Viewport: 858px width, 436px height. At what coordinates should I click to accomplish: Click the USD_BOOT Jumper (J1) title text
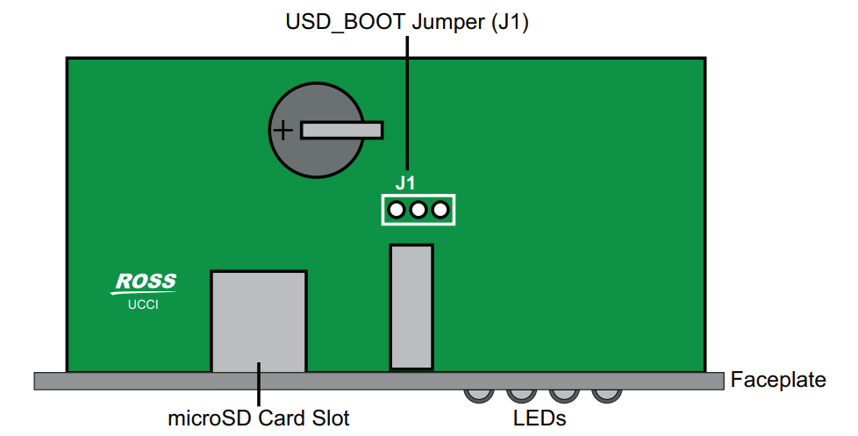click(407, 23)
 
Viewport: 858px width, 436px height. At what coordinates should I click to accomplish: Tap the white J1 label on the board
click(405, 183)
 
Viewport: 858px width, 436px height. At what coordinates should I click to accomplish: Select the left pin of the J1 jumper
click(397, 210)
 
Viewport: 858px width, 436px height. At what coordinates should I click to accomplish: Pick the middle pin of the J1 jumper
click(418, 210)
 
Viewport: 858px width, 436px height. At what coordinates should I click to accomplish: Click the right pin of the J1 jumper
click(440, 210)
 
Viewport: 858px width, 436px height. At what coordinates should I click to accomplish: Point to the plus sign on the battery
click(282, 131)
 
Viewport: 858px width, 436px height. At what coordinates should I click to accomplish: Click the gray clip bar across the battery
click(341, 130)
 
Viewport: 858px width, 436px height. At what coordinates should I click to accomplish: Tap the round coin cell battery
click(317, 130)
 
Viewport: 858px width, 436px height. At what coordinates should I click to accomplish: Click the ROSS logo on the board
click(145, 282)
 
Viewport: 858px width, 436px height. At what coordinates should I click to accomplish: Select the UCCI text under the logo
click(143, 304)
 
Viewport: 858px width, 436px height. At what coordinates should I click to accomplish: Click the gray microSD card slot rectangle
click(259, 322)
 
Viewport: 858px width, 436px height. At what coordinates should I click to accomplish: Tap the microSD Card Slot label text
click(258, 418)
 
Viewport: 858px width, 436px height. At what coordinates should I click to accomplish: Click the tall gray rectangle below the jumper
click(411, 307)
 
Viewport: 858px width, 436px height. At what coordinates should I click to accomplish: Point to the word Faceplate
click(778, 380)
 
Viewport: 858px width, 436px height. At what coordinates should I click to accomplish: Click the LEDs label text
click(540, 418)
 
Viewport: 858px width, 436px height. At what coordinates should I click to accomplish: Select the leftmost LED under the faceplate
click(479, 396)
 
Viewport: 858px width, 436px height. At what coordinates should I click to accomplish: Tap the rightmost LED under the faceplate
click(607, 396)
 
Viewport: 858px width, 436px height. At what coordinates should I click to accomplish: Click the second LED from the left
click(521, 396)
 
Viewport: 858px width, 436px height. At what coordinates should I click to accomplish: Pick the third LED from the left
click(564, 396)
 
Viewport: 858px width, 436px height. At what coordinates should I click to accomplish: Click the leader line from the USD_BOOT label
click(407, 103)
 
